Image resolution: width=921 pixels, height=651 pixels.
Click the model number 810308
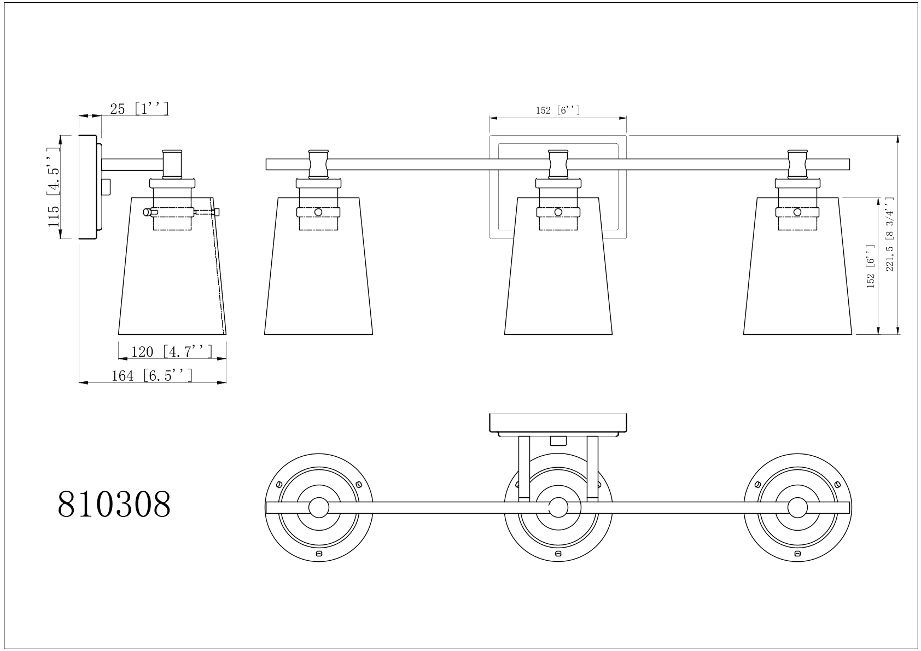114,504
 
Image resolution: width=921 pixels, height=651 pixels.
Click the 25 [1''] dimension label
139,108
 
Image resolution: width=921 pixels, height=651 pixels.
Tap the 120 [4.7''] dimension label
172,352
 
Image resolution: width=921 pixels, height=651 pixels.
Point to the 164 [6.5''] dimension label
152,375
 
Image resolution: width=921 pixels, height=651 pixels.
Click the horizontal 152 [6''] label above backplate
557,110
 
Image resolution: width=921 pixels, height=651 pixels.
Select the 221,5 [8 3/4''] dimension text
890,234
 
